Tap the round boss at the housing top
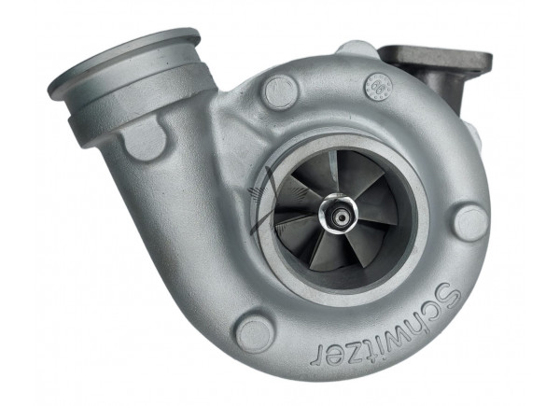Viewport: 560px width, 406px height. click(280, 91)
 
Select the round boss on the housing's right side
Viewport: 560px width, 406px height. click(470, 223)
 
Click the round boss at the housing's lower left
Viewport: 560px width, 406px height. click(255, 332)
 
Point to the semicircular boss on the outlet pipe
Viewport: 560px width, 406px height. click(144, 140)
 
